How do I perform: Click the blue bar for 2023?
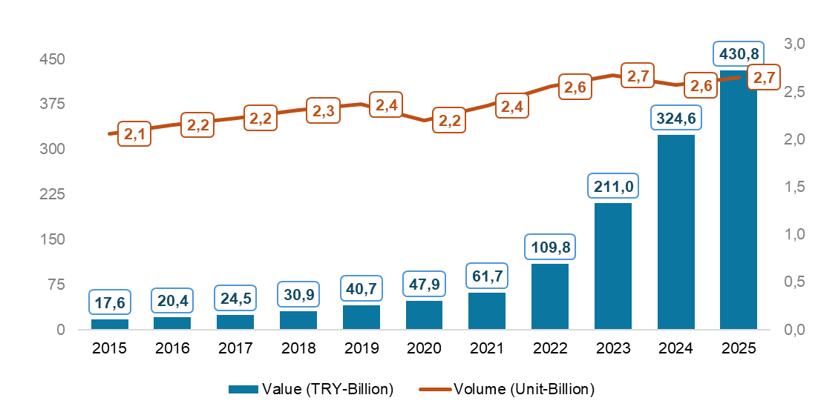coord(613,265)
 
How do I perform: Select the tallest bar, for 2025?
coord(739,199)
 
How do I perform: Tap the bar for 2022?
coord(550,296)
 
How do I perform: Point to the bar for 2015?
coord(110,324)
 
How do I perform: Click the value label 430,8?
coord(739,53)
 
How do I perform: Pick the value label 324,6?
coord(676,119)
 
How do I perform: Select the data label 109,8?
coord(550,247)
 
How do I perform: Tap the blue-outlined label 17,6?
coord(110,302)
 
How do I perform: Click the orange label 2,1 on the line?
coord(134,134)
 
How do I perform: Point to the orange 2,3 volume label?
coord(324,110)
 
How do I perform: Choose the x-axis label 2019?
coord(361,348)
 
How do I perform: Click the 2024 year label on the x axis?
coord(676,348)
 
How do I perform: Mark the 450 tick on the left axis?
coord(53,59)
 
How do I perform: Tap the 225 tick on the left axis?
coord(53,195)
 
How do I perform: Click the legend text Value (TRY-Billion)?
coord(327,389)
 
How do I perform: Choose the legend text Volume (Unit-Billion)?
coord(524,389)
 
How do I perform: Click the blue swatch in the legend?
coord(243,389)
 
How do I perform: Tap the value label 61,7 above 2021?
coord(487,276)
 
